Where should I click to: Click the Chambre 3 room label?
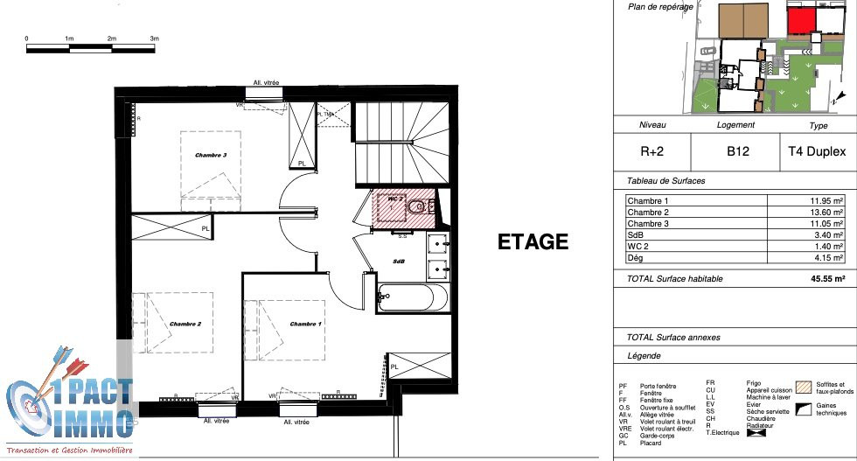tap(211, 156)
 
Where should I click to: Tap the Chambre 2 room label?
tap(185, 324)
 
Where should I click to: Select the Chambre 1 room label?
tap(306, 324)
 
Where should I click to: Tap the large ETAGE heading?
tap(533, 242)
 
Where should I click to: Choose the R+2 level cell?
tap(652, 150)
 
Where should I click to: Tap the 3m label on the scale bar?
tap(154, 38)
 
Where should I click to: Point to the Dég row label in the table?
tap(636, 258)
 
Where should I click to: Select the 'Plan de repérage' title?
tap(660, 7)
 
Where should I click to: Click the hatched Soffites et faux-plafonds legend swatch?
tap(802, 385)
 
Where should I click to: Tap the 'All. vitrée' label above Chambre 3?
tap(266, 82)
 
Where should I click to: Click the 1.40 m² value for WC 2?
tap(826, 247)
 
